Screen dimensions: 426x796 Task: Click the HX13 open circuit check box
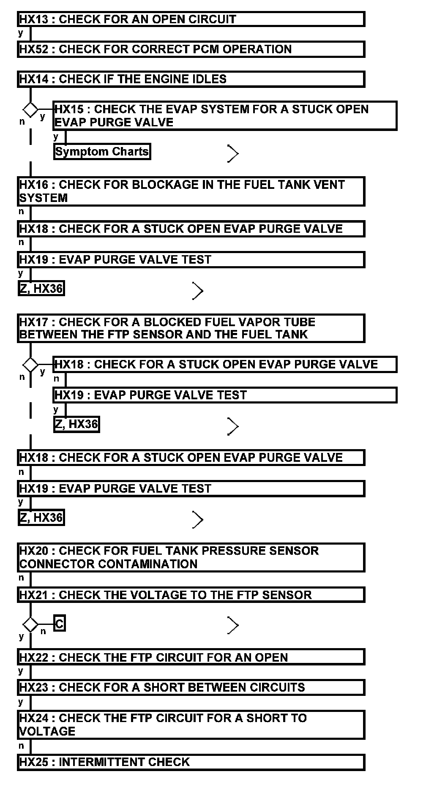[x=191, y=19]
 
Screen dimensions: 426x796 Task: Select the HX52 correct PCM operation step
[x=191, y=49]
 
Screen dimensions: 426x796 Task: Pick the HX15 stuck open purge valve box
[x=224, y=116]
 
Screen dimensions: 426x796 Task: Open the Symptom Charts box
[x=102, y=152]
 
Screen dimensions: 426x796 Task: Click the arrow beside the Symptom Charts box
[x=232, y=153]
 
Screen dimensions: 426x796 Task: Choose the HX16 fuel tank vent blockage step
[x=191, y=191]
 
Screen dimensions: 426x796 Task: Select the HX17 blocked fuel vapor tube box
[x=191, y=328]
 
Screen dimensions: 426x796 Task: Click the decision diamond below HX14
[x=30, y=109]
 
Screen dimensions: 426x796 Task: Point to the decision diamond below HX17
[x=30, y=364]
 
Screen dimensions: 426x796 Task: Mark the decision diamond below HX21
[x=30, y=624]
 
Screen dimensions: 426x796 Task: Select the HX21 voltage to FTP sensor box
[x=191, y=595]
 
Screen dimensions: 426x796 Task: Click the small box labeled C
[x=60, y=624]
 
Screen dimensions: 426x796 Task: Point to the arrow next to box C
[x=232, y=625]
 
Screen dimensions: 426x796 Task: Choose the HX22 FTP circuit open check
[x=191, y=657]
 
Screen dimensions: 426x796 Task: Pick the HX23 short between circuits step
[x=191, y=687]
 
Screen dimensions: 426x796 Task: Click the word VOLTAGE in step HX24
[x=47, y=732]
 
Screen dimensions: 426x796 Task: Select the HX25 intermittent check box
[x=191, y=762]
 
